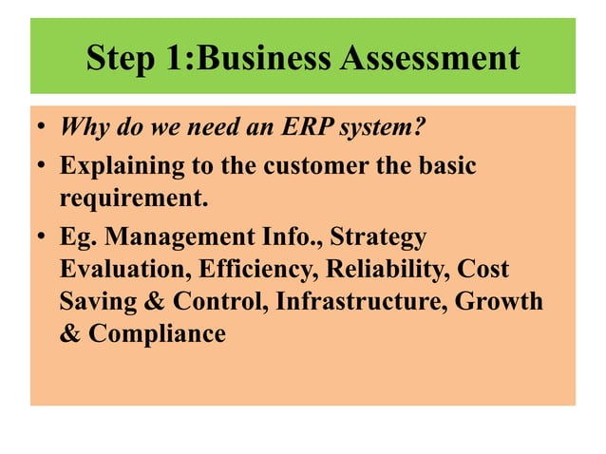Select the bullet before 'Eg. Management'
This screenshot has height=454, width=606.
[x=43, y=236]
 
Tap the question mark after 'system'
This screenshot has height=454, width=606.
[x=415, y=129]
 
